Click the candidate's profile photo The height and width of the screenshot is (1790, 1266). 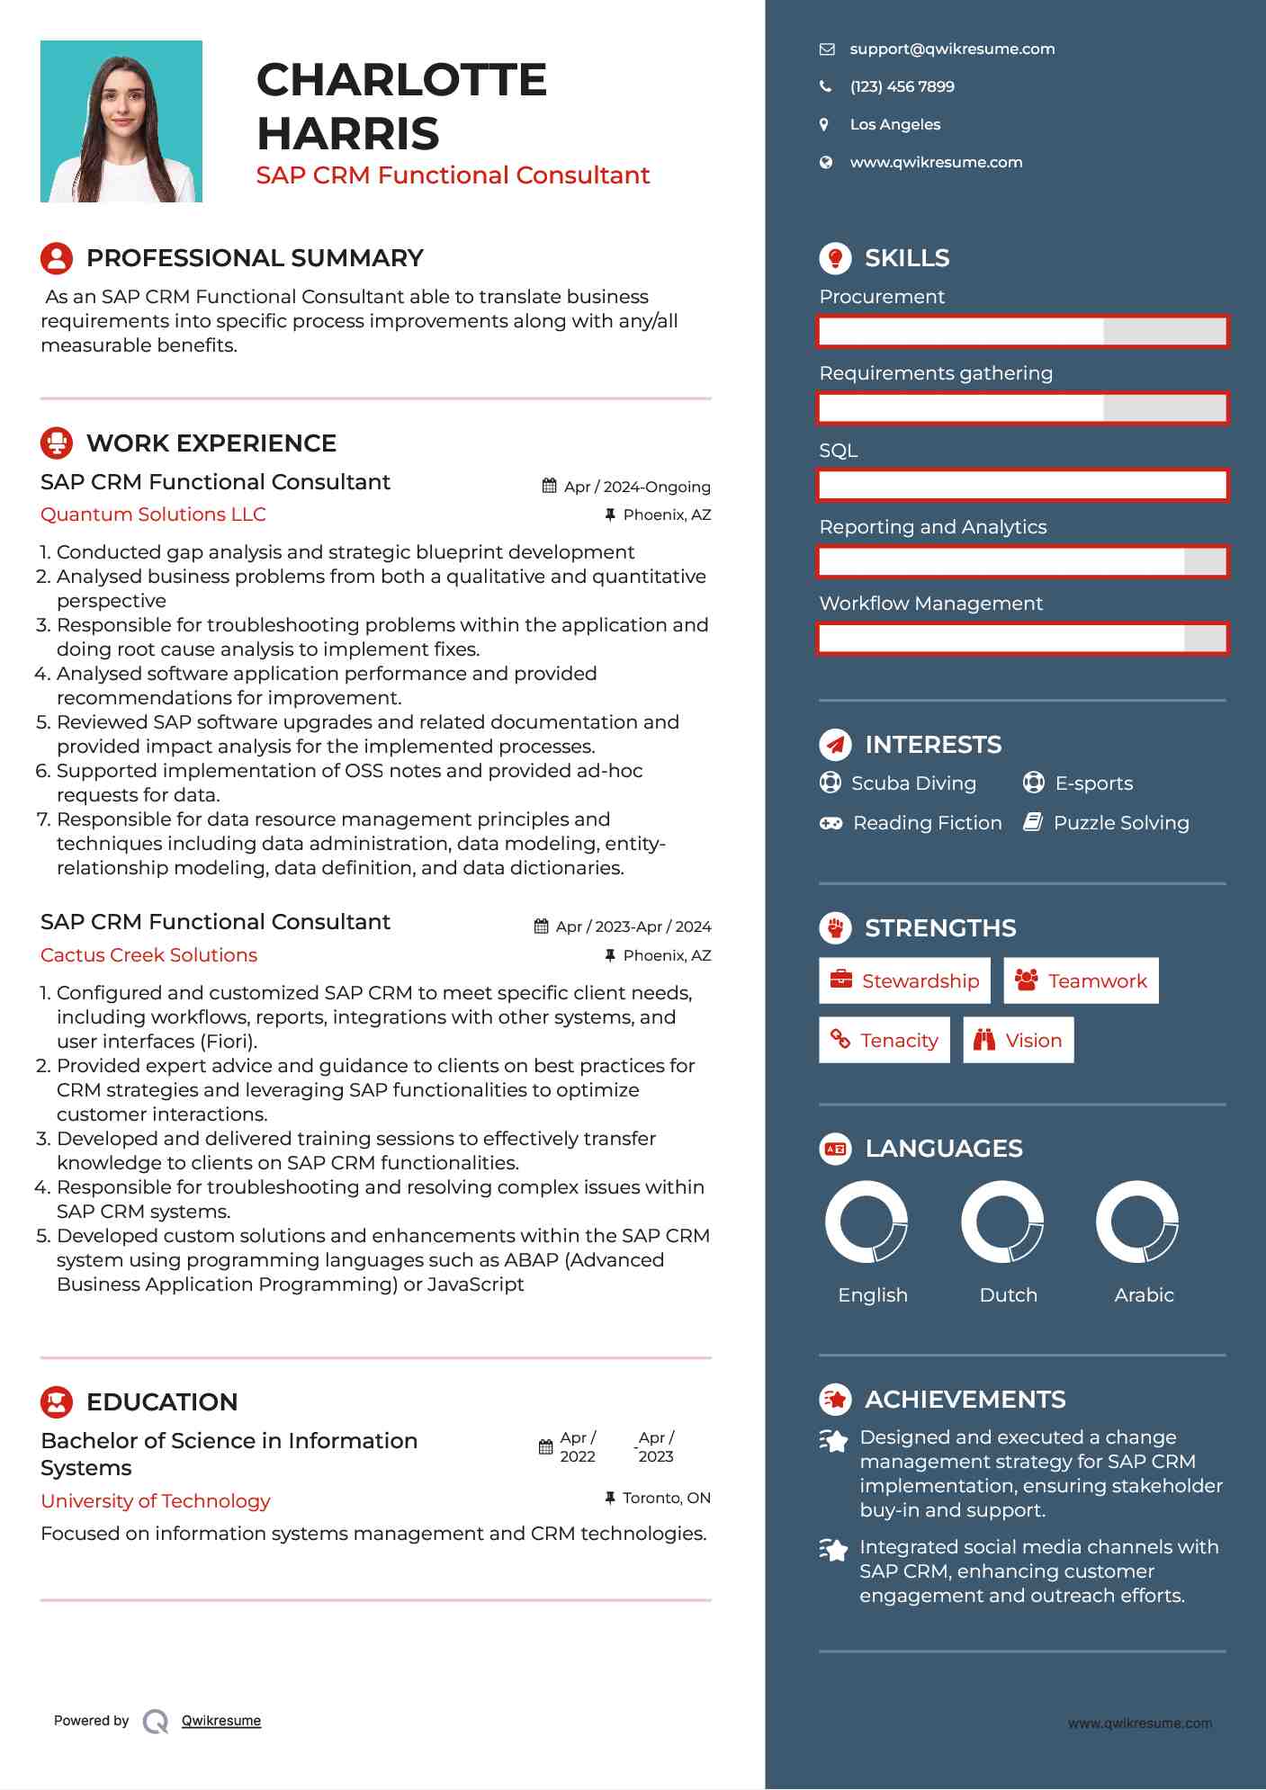(121, 121)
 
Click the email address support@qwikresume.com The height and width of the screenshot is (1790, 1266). (952, 49)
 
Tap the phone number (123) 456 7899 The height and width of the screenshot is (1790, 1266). (902, 87)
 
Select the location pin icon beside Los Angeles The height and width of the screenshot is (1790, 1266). (824, 125)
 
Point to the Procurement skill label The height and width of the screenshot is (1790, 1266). (882, 297)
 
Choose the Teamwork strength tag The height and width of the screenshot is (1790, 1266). (1081, 981)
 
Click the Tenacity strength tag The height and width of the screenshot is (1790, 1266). (884, 1041)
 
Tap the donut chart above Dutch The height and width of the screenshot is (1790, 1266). (1002, 1222)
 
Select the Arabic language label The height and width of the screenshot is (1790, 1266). (1144, 1295)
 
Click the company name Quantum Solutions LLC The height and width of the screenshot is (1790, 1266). (153, 515)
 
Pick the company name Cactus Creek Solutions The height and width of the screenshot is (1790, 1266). (148, 955)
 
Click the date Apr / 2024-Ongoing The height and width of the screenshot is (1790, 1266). (636, 487)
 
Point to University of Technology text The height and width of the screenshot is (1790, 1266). (156, 1501)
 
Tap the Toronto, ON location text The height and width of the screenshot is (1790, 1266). (666, 1498)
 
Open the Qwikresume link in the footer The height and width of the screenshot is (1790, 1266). (221, 1721)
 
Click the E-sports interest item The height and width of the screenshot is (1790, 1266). (1092, 783)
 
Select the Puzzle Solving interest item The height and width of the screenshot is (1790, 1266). (1120, 823)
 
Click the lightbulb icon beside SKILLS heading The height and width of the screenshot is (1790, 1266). (835, 258)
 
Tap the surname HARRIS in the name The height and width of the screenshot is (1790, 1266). (348, 134)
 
